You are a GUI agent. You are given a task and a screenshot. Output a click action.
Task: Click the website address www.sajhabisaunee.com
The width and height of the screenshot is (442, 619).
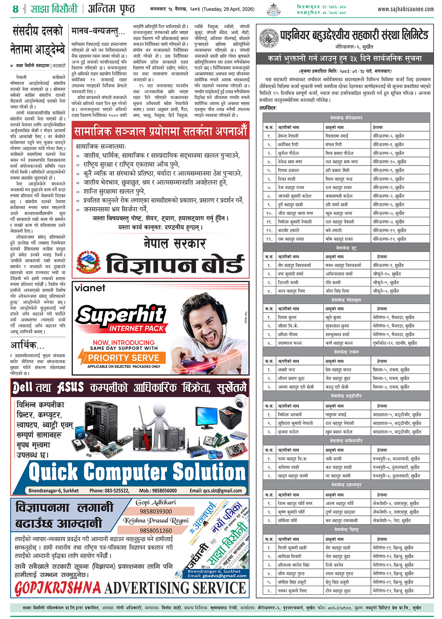point(406,9)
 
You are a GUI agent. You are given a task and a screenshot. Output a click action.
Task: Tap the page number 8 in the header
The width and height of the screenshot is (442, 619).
point(15,9)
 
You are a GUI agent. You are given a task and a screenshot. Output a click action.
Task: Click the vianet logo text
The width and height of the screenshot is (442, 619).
point(90,288)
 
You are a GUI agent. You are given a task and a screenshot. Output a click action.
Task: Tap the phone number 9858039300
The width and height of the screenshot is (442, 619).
point(156,511)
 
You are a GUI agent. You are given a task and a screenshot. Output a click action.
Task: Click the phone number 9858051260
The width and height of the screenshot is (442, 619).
point(156,530)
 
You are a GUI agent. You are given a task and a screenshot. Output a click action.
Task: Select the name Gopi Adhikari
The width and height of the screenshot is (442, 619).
point(156,502)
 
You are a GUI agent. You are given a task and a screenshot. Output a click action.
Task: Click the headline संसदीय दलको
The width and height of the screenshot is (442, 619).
point(38,31)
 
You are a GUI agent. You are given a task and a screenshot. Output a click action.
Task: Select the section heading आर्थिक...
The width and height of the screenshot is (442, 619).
point(27,345)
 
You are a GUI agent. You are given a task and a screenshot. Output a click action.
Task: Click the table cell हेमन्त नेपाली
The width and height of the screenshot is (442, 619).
point(288,136)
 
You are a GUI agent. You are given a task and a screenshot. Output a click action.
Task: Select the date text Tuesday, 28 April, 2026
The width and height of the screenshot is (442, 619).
point(228,9)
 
